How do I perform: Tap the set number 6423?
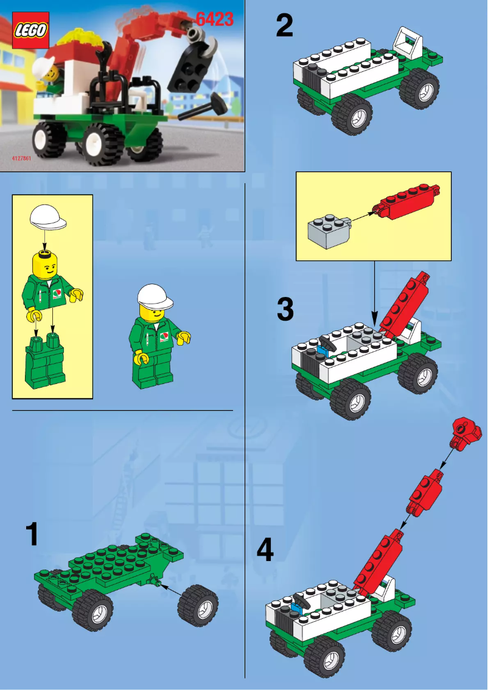[x=214, y=19]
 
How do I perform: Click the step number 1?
[x=32, y=534]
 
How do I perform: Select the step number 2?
[x=284, y=26]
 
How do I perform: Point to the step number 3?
[x=285, y=309]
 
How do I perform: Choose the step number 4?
[x=265, y=551]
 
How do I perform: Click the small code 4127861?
[x=21, y=158]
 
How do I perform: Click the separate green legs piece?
[x=45, y=363]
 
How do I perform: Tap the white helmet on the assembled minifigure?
[x=155, y=296]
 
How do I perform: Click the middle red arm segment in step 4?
[x=426, y=490]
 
